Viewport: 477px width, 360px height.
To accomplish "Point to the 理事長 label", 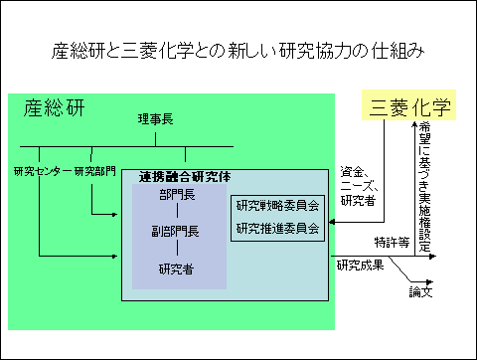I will point(156,119).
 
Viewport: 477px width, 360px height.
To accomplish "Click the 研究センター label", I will point(43,171).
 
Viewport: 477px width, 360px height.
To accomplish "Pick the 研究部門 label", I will point(95,171).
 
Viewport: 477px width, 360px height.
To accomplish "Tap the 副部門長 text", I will point(180,232).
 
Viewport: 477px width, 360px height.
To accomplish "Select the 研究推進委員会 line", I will point(277,228).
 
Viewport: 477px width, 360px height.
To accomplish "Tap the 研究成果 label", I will point(359,266).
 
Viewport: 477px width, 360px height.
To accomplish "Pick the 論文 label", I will point(422,293).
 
